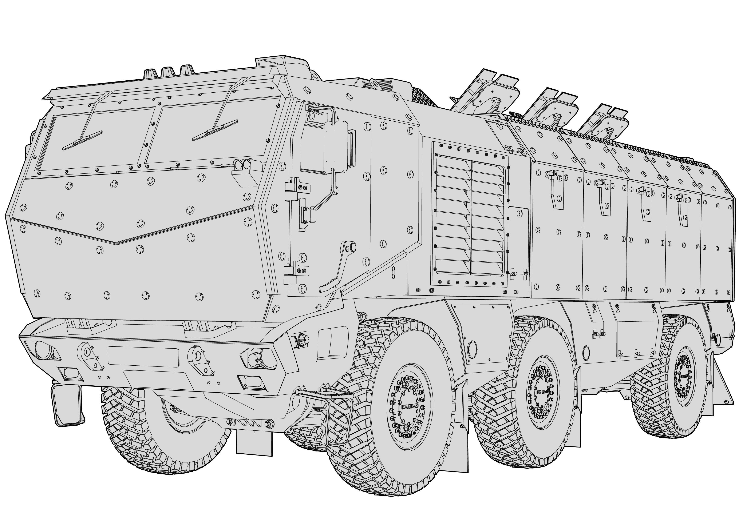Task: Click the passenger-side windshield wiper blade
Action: point(82,141)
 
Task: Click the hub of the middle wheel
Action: point(543,392)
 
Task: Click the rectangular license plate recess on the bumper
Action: point(143,356)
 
